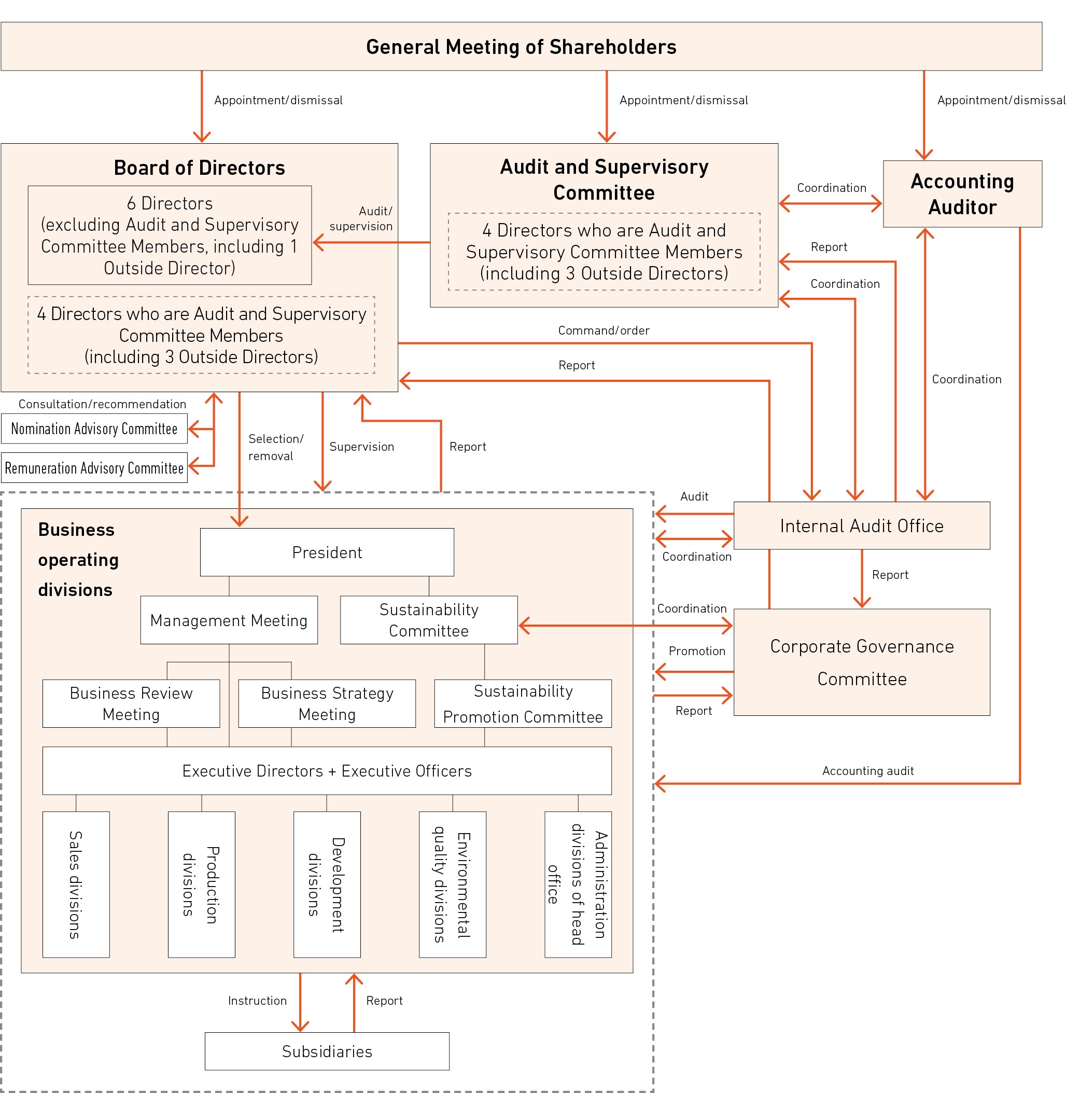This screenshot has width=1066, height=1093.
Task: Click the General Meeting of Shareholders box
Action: tap(521, 47)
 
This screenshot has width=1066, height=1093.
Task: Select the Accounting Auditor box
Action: tap(962, 194)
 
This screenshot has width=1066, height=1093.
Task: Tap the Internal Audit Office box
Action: tap(861, 525)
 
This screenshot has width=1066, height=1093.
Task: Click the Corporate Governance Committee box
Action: tap(861, 662)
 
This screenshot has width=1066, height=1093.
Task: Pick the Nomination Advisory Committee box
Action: tap(94, 428)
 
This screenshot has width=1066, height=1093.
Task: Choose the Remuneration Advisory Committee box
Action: tap(94, 468)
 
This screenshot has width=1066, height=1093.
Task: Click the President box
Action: tap(327, 552)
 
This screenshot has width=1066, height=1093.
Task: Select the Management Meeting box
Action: tap(229, 620)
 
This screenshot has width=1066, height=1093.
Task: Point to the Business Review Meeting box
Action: tap(131, 703)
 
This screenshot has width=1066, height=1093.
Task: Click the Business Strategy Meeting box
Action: tap(327, 703)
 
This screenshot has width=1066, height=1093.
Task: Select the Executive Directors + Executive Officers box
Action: tap(327, 771)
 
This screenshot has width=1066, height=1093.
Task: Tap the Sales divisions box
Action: tap(76, 884)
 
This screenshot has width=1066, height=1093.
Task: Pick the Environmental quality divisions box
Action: tap(453, 884)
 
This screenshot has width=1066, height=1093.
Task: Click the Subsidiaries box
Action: tap(327, 1052)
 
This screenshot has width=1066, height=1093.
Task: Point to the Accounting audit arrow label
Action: tap(868, 771)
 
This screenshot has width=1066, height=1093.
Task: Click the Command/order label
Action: tap(604, 330)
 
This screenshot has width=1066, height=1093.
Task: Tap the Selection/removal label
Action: tap(275, 447)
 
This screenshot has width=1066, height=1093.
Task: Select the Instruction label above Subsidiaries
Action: tap(257, 1001)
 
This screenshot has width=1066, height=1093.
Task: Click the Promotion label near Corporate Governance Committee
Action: tap(696, 651)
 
